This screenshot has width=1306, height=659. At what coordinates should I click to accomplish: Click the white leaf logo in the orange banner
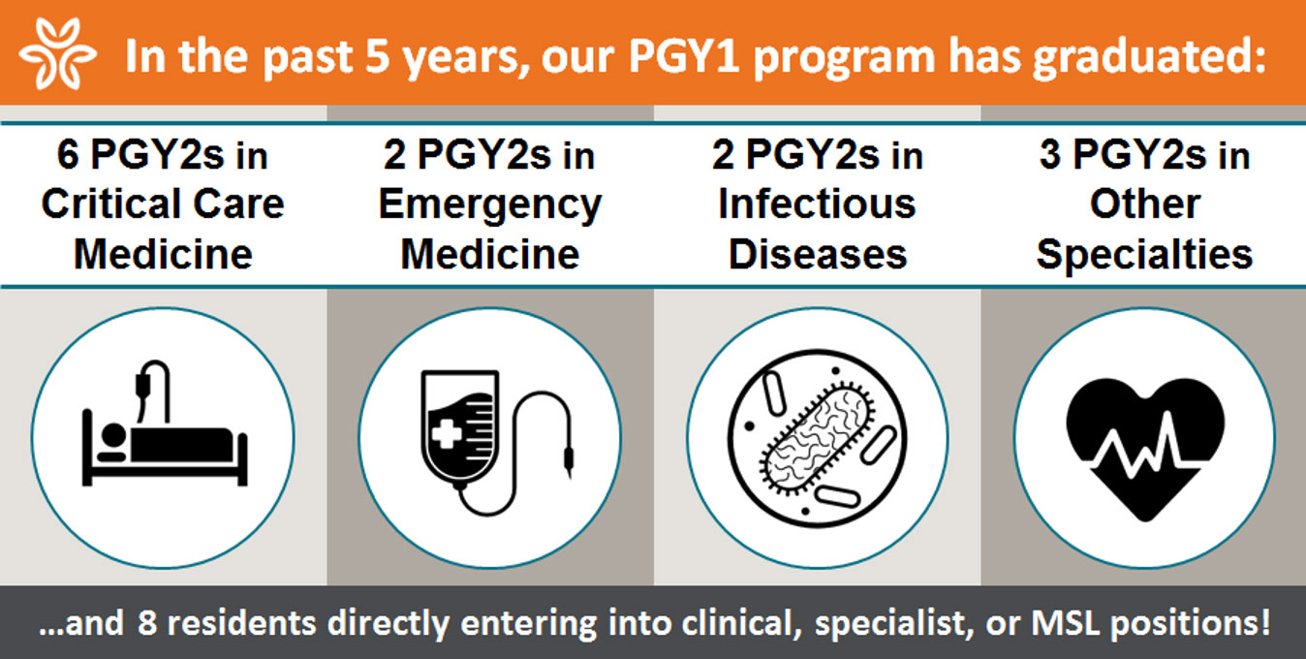coord(58,53)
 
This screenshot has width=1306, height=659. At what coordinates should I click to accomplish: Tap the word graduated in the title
coord(1149,58)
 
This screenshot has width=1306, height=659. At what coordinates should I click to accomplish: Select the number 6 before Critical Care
coord(68,154)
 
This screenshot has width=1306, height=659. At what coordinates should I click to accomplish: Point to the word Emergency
coord(490,205)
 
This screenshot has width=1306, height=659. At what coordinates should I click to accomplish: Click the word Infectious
coord(817,204)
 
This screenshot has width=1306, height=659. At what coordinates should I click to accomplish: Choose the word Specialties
coord(1144,256)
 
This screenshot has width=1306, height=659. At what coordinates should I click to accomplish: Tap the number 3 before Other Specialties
coord(1050,154)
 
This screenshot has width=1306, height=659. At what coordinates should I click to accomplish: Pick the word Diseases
coord(818,255)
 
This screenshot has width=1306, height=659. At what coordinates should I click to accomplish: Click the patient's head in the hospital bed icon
coord(113,435)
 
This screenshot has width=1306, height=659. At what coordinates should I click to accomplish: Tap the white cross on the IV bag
coord(447,434)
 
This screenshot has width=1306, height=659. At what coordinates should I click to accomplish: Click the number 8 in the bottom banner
coord(147,623)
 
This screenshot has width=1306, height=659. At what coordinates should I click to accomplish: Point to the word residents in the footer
coord(241,623)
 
